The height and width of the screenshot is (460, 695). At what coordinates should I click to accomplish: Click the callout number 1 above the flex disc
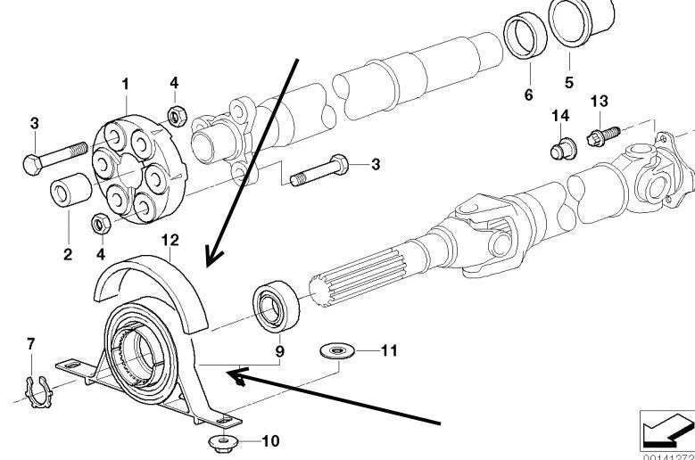(x=126, y=84)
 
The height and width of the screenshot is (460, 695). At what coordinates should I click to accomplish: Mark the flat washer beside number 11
(x=336, y=351)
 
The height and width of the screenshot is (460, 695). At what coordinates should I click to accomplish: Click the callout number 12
(x=170, y=241)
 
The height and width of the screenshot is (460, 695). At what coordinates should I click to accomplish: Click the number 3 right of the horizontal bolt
(x=376, y=164)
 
